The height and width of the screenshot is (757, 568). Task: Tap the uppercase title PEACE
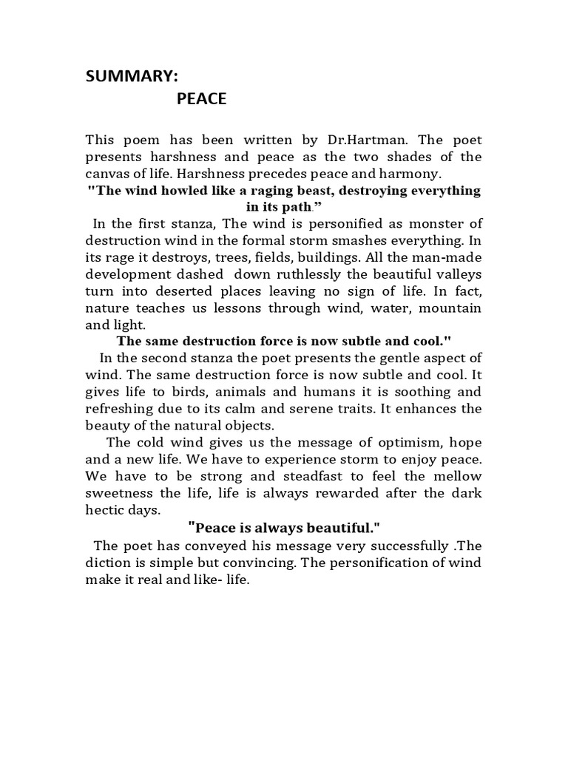click(201, 99)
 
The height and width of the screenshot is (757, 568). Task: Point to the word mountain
click(450, 308)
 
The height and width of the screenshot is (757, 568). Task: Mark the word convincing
click(270, 563)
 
